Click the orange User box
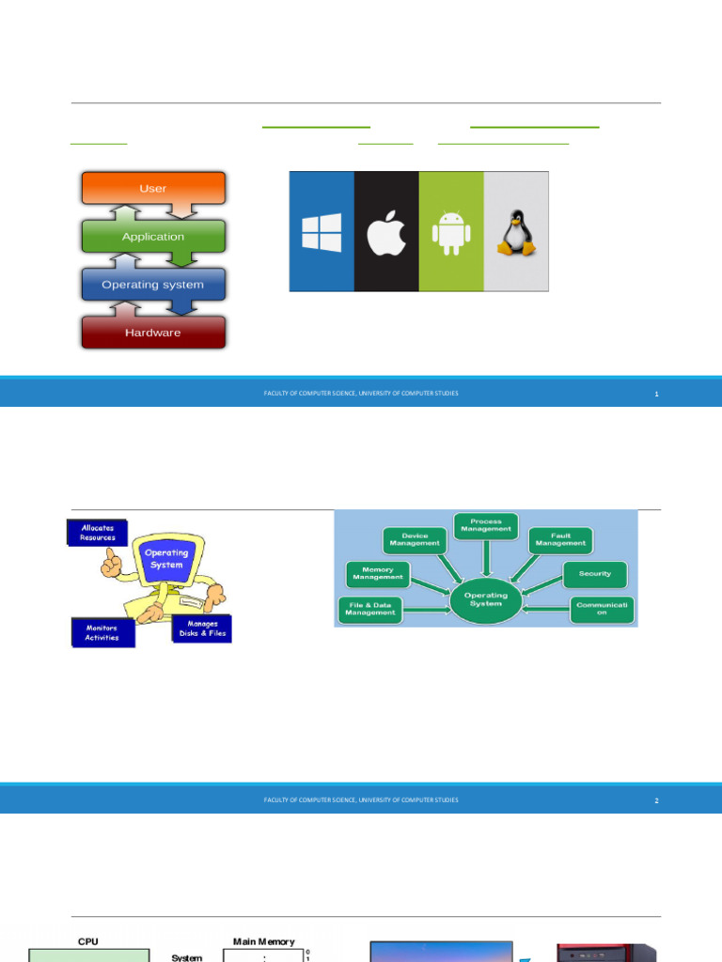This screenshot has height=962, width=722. (153, 188)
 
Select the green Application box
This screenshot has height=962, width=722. (153, 237)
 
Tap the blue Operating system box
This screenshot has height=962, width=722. (153, 285)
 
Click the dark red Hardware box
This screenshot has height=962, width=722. (153, 333)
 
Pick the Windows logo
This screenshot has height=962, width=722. (322, 232)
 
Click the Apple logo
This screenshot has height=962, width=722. (385, 232)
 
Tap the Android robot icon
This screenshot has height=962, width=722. (450, 232)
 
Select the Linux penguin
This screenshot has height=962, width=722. (515, 232)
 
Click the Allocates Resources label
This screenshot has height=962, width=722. (97, 533)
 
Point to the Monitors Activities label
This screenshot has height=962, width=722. (102, 632)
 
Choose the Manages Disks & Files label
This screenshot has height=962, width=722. (202, 628)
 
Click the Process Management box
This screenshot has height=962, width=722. (486, 525)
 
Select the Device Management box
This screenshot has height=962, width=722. (414, 539)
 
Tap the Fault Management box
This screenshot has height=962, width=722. (560, 539)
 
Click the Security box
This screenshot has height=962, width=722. (594, 573)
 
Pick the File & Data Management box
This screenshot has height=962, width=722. (370, 611)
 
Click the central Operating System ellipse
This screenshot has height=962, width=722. (485, 599)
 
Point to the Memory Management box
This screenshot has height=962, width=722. (378, 574)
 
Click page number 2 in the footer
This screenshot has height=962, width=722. (657, 800)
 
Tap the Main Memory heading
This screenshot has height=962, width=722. (263, 941)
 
